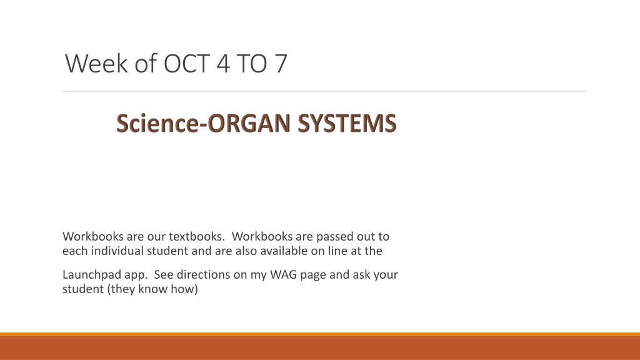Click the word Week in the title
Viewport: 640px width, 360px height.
(96, 63)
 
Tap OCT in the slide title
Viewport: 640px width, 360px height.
(187, 63)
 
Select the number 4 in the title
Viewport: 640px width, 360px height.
(223, 63)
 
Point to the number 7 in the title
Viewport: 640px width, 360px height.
(281, 63)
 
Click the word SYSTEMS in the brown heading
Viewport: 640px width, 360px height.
(347, 123)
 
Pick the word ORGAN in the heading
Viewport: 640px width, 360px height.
(249, 123)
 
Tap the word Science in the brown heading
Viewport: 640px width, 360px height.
(157, 123)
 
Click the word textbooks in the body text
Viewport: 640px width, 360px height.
(197, 236)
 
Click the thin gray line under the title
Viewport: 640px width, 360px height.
(324, 91)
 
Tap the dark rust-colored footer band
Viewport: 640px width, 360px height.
(320, 348)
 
